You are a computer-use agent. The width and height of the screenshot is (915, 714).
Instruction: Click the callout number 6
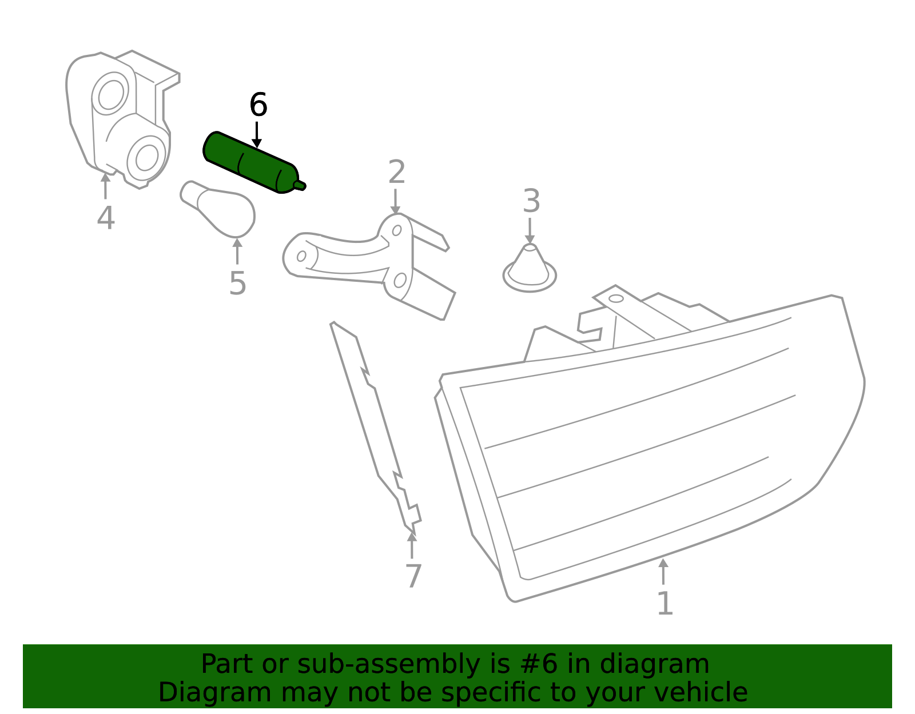click(x=258, y=105)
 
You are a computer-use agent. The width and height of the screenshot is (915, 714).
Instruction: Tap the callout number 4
click(x=106, y=218)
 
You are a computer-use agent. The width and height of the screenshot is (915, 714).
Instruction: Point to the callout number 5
click(x=237, y=283)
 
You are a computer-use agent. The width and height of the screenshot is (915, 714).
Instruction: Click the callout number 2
click(x=397, y=171)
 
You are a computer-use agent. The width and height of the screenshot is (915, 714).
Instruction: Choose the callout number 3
click(x=531, y=201)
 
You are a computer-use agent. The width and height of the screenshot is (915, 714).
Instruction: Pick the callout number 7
click(x=413, y=576)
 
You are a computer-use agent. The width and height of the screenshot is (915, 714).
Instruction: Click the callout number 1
click(x=665, y=603)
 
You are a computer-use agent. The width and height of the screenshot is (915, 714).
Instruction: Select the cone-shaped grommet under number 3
click(x=530, y=268)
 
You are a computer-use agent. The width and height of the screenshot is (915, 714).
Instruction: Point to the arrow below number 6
click(x=256, y=135)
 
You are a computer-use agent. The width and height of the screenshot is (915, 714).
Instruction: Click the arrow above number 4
click(x=105, y=186)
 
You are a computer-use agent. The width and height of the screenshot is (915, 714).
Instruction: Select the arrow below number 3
click(x=530, y=230)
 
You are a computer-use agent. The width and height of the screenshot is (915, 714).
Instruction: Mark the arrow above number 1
click(x=663, y=571)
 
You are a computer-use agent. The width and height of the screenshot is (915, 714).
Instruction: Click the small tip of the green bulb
click(x=300, y=185)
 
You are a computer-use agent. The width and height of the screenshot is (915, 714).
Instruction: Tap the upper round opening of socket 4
click(x=111, y=93)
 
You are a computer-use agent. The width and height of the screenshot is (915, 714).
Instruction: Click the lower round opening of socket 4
click(x=146, y=157)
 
